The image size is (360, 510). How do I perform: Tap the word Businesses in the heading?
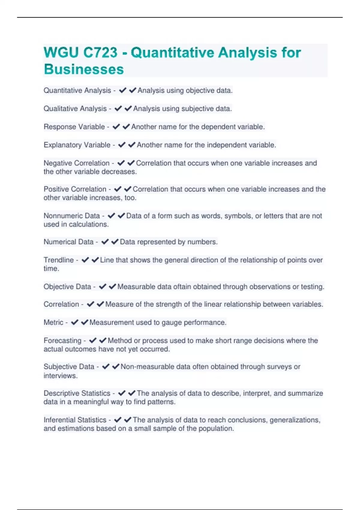point(84,69)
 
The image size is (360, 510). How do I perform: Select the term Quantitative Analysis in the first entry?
point(77,90)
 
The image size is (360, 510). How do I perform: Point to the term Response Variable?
point(74,127)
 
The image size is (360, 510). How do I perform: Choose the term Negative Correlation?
point(76,163)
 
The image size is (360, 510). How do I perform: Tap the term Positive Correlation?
point(75,189)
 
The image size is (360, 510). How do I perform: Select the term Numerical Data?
point(68,242)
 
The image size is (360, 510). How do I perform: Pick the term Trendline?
point(58,260)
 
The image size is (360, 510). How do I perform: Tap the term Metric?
point(53,322)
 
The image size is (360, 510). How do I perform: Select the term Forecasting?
point(62,341)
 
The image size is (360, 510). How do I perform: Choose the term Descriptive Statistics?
point(77,393)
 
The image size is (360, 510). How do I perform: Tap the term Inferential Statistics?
point(75,420)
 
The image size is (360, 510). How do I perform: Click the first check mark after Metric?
point(74,322)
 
